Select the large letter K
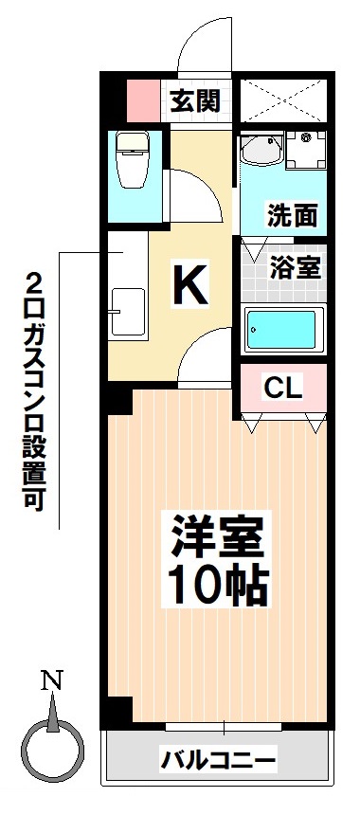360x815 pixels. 189,283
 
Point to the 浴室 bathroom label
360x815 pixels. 296,266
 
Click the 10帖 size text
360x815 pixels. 217,588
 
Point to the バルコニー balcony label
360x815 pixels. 218,759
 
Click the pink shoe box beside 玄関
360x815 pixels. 143,98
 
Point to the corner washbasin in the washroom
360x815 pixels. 258,151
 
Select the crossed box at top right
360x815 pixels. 282,98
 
